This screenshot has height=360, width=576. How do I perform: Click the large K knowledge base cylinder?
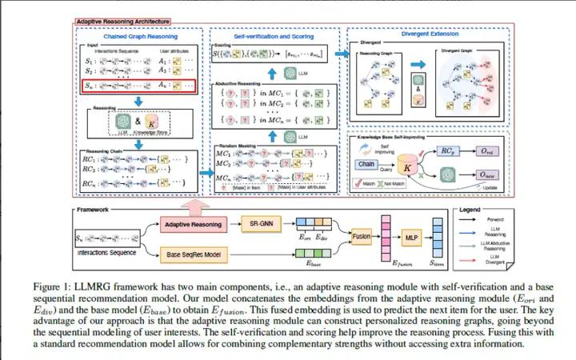pyautogui.click(x=410, y=166)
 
